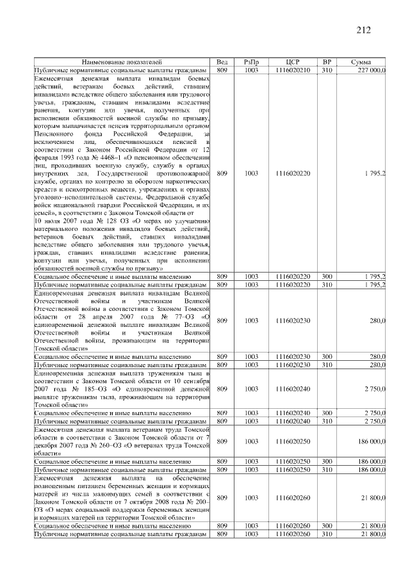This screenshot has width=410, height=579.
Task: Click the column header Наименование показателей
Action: point(122,61)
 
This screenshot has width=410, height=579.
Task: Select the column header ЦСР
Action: point(292,61)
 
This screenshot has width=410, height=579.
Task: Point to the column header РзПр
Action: point(251,61)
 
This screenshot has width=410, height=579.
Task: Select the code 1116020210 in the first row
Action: point(292,69)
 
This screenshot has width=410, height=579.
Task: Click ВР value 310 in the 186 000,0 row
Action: point(327,469)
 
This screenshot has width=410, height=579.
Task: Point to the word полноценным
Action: point(58,486)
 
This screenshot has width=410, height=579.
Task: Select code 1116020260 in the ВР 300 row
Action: point(292,525)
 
